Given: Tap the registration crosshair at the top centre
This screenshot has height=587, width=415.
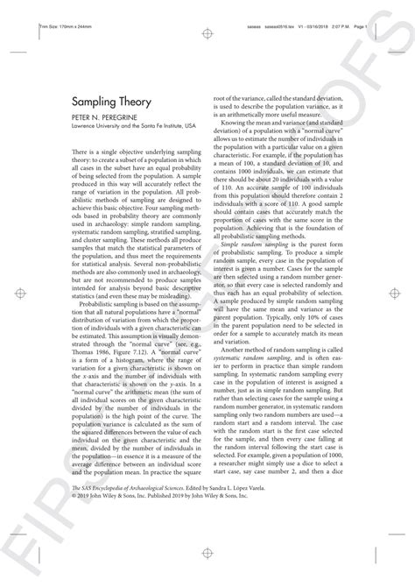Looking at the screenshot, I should (x=207, y=33).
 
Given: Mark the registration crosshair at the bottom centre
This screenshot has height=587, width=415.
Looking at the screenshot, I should (x=207, y=555).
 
